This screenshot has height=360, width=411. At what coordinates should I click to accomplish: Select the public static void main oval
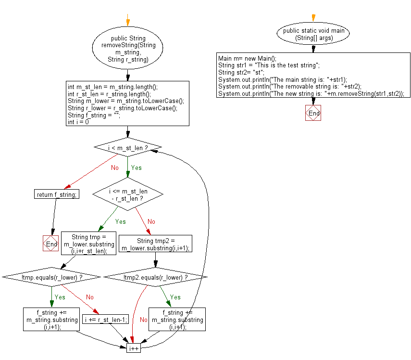click(x=313, y=34)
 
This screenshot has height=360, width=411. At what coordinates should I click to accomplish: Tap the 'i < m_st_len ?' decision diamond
click(x=127, y=148)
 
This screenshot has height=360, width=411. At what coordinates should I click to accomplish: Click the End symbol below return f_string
click(x=50, y=244)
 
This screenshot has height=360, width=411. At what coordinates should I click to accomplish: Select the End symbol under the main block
click(x=313, y=113)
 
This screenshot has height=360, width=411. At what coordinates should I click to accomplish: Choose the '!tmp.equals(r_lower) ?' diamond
click(x=51, y=277)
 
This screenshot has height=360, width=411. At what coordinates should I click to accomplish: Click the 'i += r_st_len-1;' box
click(x=106, y=319)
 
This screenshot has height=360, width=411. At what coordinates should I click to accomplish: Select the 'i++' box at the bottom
click(x=133, y=347)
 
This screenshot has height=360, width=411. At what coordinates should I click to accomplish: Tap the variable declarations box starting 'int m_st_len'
click(x=127, y=104)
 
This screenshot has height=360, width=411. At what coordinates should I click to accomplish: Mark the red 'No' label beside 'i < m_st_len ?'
click(x=114, y=168)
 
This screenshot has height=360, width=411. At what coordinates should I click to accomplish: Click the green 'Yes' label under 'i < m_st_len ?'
click(x=137, y=168)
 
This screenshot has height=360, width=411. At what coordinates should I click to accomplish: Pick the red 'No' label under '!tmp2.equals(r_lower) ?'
click(x=143, y=320)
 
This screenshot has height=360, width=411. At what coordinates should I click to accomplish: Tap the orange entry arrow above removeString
click(x=127, y=22)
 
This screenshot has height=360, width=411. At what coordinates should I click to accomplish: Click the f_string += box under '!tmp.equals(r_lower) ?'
click(x=51, y=319)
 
